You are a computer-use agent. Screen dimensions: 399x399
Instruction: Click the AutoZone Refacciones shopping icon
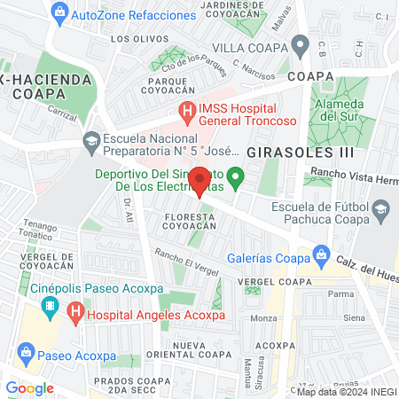59,12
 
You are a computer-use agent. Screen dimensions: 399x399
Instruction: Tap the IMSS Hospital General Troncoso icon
186,111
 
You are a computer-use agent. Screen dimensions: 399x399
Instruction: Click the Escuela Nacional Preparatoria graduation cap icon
91,140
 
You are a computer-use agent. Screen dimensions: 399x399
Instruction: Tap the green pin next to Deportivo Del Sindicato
235,178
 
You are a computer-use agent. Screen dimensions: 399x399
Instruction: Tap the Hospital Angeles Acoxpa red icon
76,313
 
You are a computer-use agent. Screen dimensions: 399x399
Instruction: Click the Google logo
29,387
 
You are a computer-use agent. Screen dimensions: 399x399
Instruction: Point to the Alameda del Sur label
342,109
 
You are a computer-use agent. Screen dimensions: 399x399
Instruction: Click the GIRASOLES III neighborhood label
289,153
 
